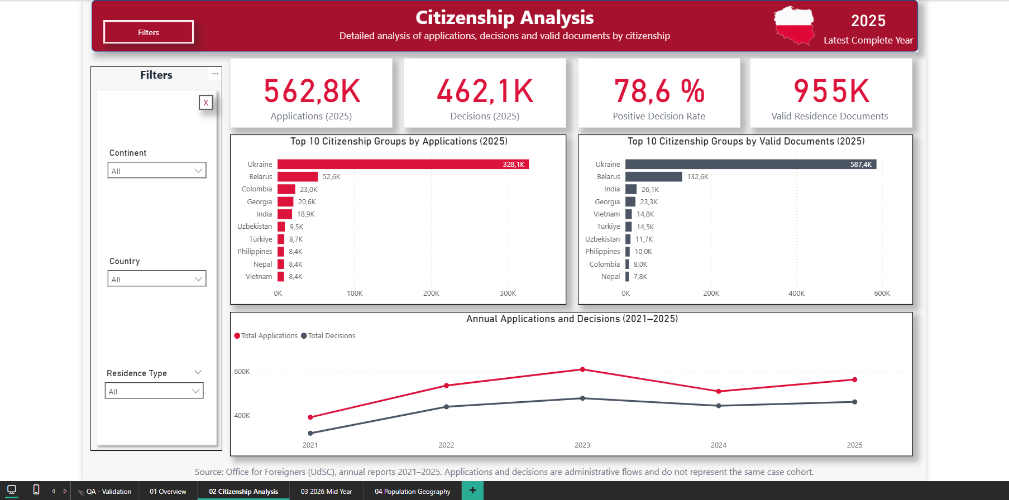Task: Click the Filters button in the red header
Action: tap(149, 32)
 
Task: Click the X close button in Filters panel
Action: tap(206, 103)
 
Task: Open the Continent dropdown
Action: tap(157, 170)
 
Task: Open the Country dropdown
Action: tap(157, 278)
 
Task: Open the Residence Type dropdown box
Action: tap(154, 391)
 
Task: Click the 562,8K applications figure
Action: tap(312, 92)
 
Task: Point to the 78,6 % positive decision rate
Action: tap(659, 92)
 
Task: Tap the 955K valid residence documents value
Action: tap(831, 92)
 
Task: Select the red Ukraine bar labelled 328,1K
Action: tap(403, 164)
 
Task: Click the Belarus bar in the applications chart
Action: tap(298, 177)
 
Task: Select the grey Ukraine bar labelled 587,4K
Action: tap(751, 164)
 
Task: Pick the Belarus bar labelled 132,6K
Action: tap(654, 177)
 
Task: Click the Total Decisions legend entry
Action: tap(328, 336)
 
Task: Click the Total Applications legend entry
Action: tap(266, 336)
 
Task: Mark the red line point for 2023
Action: tap(582, 369)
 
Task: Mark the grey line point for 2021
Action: tap(310, 433)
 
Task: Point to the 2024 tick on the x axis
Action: tap(719, 445)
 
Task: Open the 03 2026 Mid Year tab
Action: tap(326, 491)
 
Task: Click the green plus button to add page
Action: tap(472, 491)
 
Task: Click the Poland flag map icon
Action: tap(794, 26)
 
